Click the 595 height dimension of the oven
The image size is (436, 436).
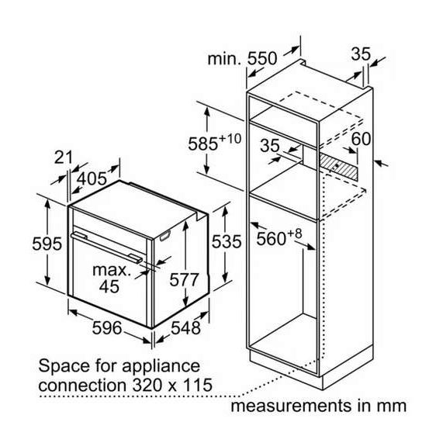tap(47, 244)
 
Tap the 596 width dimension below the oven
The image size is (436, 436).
tap(107, 327)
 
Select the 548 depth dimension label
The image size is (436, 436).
tap(185, 327)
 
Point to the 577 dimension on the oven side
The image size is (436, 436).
tap(185, 279)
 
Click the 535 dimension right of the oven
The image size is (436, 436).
tap(227, 241)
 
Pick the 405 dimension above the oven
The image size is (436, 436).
tap(92, 178)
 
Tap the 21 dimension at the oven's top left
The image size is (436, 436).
tap(63, 157)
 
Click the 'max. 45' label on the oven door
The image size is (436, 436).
tap(112, 279)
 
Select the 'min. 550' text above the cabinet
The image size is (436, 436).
tap(242, 59)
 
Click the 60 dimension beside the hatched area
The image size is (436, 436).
tap(361, 138)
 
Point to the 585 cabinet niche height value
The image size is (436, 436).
tap(202, 144)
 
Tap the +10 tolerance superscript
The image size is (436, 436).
tap(230, 138)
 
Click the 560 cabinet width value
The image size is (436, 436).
tap(271, 239)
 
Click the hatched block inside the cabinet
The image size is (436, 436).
tap(337, 166)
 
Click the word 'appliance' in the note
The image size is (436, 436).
tap(161, 367)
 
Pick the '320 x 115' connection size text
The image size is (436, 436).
tap(172, 385)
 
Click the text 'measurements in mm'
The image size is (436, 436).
tap(318, 406)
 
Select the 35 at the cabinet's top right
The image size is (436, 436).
tap(361, 54)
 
